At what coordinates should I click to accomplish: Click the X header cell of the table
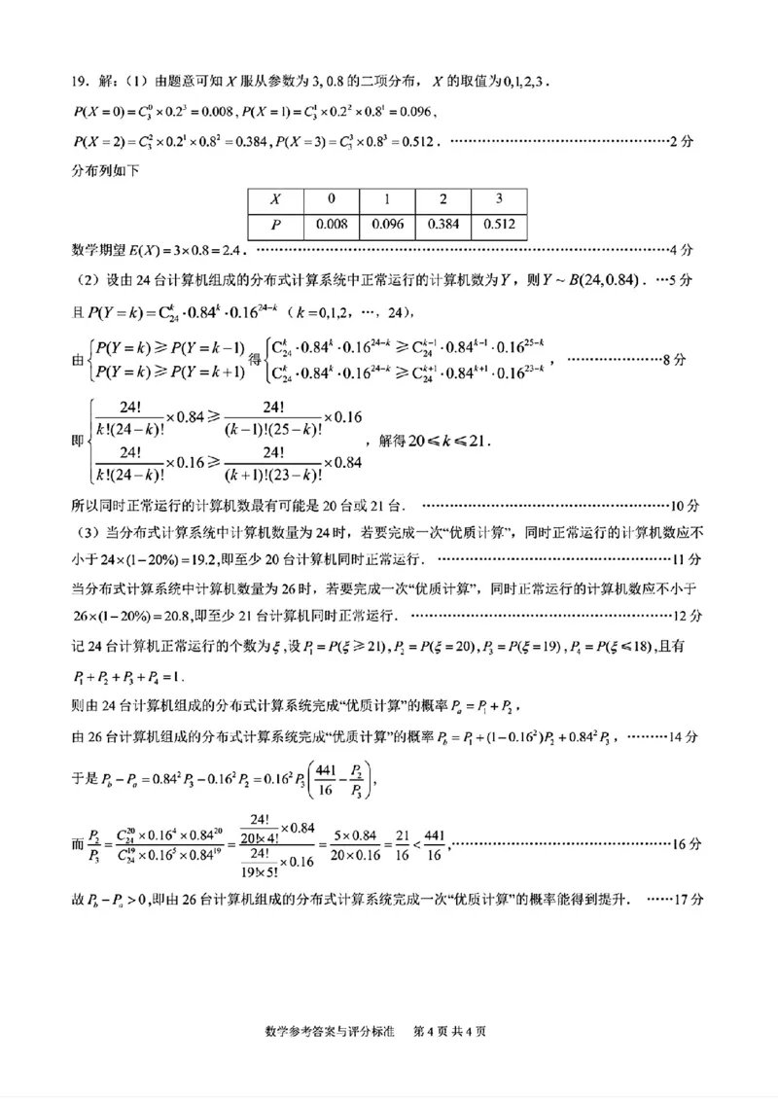(x=275, y=198)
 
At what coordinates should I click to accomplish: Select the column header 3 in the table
(x=499, y=198)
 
